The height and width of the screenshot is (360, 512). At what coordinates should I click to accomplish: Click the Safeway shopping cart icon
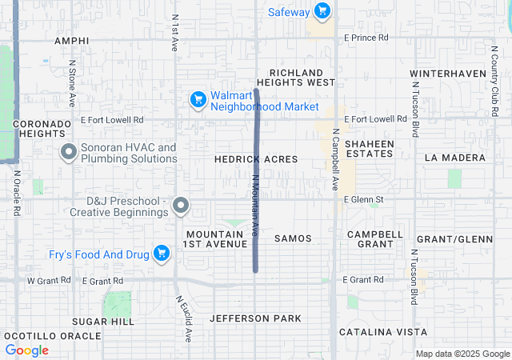coord(322,11)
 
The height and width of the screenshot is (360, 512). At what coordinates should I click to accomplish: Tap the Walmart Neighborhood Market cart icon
coord(198,99)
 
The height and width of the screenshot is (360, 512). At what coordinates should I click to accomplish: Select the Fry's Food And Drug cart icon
coord(162,254)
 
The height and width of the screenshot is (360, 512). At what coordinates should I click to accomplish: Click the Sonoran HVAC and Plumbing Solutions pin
coord(68,151)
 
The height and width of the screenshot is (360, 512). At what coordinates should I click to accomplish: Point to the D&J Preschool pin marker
coord(181,206)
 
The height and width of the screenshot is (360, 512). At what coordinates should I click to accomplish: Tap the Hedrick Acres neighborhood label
coord(256,159)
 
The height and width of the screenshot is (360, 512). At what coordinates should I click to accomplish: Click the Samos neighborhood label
coord(293,238)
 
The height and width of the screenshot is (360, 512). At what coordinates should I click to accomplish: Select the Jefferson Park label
coord(255,318)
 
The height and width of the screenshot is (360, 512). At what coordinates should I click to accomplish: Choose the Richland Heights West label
coord(302,77)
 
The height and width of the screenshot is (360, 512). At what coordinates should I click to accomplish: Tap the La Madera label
coord(455,158)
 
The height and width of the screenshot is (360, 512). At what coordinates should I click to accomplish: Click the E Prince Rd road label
coord(366,38)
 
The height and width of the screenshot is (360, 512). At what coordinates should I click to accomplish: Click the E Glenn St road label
coord(364,199)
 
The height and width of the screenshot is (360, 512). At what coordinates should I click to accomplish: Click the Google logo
coord(27,350)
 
